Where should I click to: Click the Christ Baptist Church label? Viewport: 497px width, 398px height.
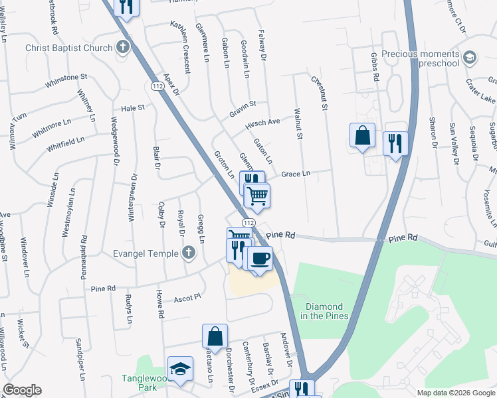coord(68,48)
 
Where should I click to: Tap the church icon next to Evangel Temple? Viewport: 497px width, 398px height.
coord(189,253)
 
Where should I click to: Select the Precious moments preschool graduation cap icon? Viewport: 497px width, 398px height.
coord(470,58)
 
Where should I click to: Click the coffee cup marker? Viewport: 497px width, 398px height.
coord(260,257)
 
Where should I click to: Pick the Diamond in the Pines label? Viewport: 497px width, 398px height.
coord(324,311)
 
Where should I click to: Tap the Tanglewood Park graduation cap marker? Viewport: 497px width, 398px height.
coord(179,369)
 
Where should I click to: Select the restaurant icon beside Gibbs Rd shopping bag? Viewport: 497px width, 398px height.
coord(395,143)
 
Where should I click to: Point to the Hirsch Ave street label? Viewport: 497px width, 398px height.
coord(262,123)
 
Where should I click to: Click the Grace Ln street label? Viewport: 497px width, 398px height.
coord(296,174)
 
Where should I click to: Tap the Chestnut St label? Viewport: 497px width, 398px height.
coord(320,92)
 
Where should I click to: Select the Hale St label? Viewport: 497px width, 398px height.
coord(133,107)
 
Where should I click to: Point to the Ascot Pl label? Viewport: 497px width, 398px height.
coord(187,298)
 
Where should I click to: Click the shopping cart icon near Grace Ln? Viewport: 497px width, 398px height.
coord(256,196)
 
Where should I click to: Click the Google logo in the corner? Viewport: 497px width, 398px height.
coord(22,390)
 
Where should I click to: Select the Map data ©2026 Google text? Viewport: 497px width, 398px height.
coord(455,392)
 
